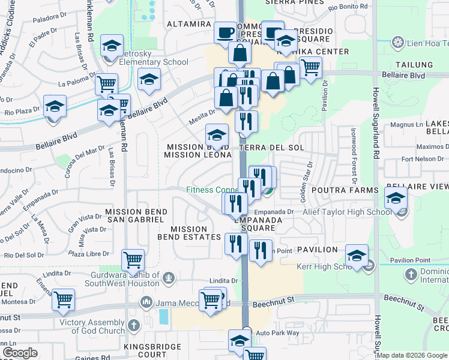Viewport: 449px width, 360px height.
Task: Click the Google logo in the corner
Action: point(19,353)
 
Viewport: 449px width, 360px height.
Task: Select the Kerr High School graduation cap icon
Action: point(356,257)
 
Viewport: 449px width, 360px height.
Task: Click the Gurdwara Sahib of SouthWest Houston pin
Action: point(169,277)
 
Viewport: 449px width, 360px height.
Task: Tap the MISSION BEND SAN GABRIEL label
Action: point(134,215)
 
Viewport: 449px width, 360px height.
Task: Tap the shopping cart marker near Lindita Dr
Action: point(132,260)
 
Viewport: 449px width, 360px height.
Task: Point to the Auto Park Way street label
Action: point(277,332)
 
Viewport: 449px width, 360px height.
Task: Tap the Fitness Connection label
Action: point(210,190)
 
